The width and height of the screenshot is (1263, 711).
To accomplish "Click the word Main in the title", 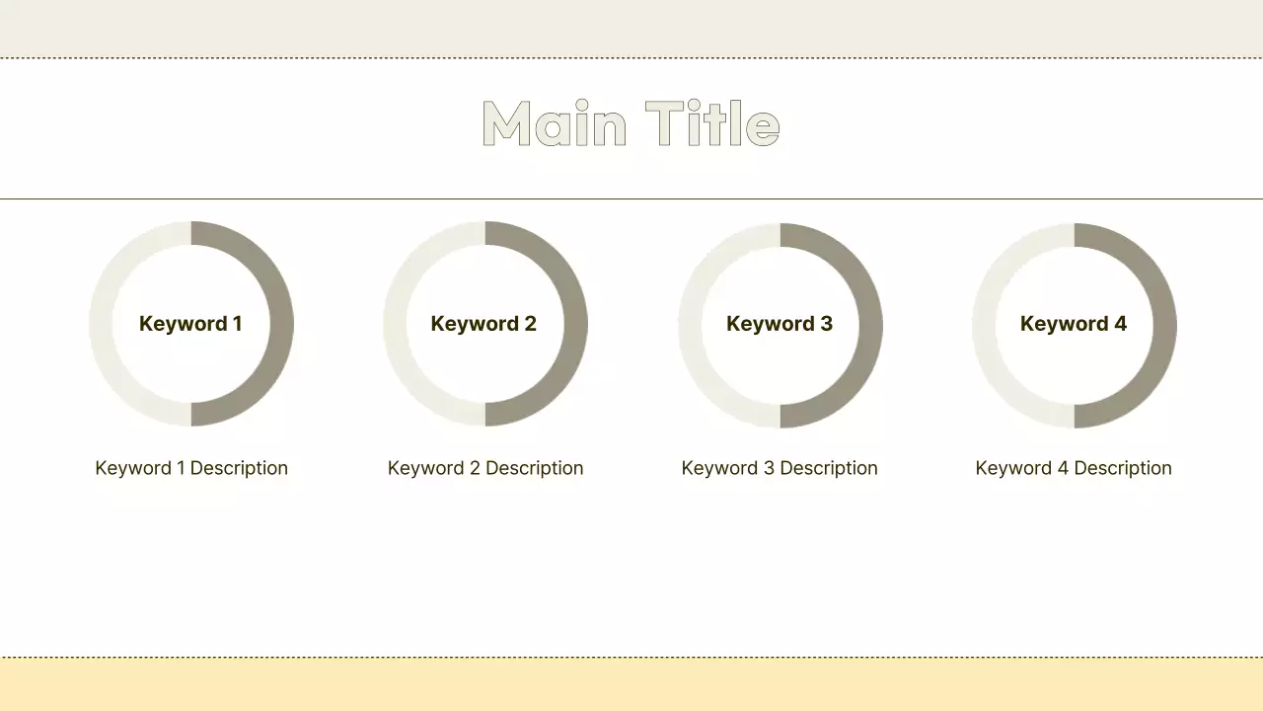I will pyautogui.click(x=554, y=124).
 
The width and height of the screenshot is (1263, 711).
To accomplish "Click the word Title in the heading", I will pyautogui.click(x=712, y=124).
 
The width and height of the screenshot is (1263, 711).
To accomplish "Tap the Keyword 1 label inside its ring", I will pyautogui.click(x=190, y=324).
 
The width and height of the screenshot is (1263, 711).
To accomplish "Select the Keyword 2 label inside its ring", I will pyautogui.click(x=483, y=324).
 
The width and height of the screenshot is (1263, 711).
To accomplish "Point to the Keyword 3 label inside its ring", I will pyautogui.click(x=780, y=324).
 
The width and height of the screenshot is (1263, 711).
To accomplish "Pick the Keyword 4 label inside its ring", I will pyautogui.click(x=1074, y=324).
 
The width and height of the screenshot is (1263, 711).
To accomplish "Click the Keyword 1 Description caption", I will pyautogui.click(x=191, y=468).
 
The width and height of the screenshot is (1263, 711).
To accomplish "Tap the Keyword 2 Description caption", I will pyautogui.click(x=485, y=468).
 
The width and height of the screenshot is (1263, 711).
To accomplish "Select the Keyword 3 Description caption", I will pyautogui.click(x=780, y=468).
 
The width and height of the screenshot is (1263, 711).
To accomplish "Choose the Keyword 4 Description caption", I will pyautogui.click(x=1074, y=468).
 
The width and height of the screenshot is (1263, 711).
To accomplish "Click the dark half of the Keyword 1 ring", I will pyautogui.click(x=281, y=324).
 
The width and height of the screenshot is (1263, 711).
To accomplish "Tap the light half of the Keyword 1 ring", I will pyautogui.click(x=101, y=324).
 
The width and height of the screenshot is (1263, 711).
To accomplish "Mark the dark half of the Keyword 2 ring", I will pyautogui.click(x=575, y=324).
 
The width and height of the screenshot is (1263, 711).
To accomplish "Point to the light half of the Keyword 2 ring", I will pyautogui.click(x=395, y=324).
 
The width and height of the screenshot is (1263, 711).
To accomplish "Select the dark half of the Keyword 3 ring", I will pyautogui.click(x=870, y=326).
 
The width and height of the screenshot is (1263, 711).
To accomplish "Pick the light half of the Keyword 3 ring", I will pyautogui.click(x=690, y=326).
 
